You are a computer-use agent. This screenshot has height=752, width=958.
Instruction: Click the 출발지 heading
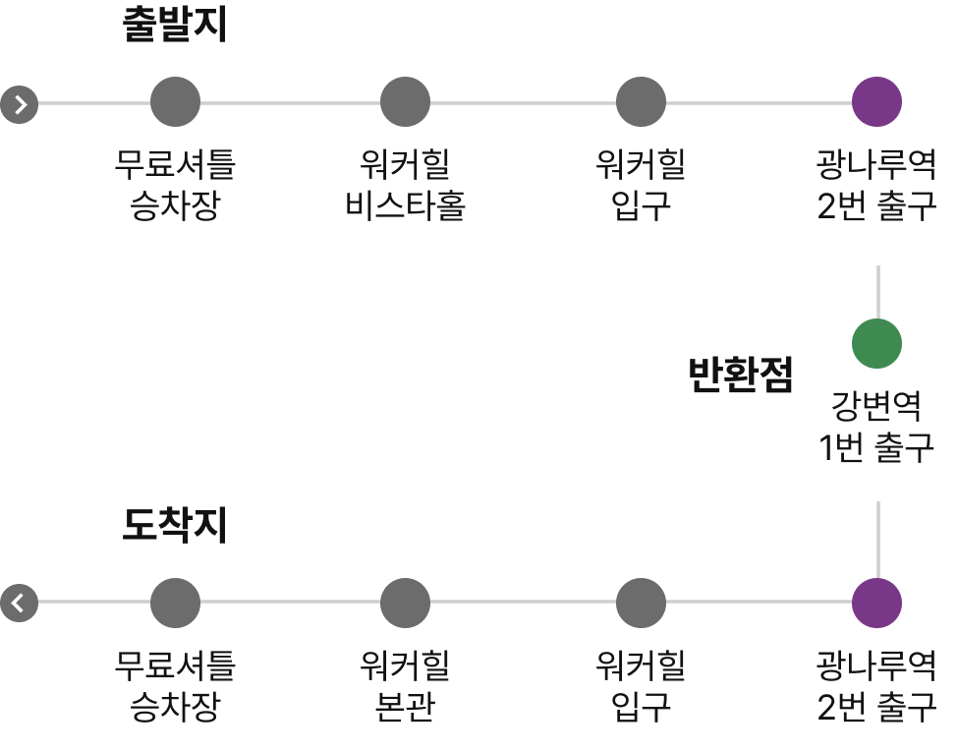coord(175,26)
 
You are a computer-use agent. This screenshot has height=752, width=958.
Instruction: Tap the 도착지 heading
coord(175,526)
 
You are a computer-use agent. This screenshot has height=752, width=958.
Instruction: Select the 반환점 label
coord(740,375)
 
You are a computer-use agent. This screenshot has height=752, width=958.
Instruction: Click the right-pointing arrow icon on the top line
coord(20,102)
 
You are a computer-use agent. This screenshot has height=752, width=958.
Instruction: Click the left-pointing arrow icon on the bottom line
coord(20,602)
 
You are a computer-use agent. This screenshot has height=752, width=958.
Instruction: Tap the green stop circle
coord(876,343)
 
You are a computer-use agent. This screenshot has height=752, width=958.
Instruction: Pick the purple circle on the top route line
coord(876,101)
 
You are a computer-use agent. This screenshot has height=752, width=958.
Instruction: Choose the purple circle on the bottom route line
coord(876,603)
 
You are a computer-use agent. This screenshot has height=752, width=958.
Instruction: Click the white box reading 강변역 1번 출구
coord(876,430)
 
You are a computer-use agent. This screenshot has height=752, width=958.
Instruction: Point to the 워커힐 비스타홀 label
coord(405,186)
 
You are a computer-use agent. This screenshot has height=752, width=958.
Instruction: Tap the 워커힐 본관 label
coord(405,687)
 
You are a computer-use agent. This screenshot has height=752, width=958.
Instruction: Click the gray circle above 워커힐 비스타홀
coord(405,101)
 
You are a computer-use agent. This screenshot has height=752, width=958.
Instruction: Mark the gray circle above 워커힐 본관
coord(405,603)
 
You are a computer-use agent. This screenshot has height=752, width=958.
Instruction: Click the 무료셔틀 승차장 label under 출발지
coord(175,186)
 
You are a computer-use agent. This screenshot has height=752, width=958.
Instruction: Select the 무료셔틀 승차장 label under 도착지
coord(175,687)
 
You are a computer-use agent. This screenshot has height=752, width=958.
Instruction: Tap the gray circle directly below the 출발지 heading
coord(175,101)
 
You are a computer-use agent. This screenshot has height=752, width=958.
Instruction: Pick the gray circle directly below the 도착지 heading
coord(175,603)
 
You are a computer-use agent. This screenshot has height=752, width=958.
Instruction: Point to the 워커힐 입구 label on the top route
coord(641,186)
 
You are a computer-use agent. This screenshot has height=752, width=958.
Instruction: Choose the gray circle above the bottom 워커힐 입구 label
coord(641,603)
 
